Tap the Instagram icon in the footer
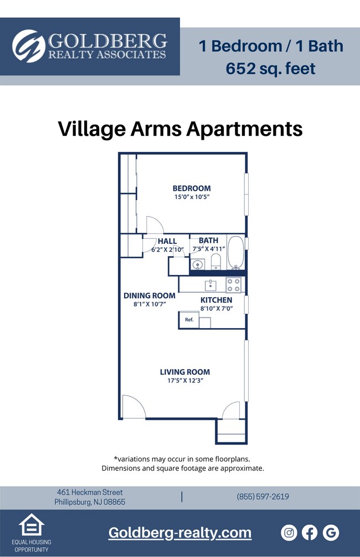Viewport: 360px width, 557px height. tap(289, 533)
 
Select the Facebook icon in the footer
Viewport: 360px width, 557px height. tap(310, 533)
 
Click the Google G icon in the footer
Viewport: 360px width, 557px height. tap(331, 533)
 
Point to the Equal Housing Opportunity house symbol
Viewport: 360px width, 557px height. tap(32, 525)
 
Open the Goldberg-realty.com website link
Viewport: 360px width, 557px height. tap(180, 533)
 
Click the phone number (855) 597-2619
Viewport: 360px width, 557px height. tap(263, 497)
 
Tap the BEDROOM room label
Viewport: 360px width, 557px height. tap(192, 188)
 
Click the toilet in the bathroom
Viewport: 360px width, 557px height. tap(215, 262)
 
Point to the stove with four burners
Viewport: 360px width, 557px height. tap(234, 285)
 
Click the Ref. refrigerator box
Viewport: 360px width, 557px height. tap(189, 320)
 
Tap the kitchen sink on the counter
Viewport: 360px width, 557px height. tap(211, 285)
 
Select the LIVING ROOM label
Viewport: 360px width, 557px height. tap(185, 372)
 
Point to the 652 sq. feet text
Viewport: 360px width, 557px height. tap(270, 68)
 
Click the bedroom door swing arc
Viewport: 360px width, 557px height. tap(155, 224)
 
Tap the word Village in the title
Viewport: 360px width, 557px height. tap(89, 129)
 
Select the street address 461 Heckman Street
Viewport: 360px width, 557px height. tap(90, 492)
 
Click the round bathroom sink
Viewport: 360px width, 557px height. tap(198, 264)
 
